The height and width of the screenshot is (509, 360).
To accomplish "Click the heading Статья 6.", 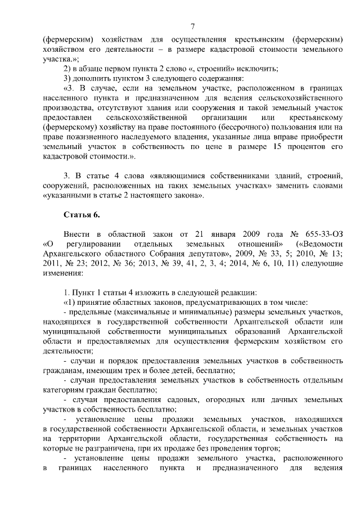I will pyautogui.click(x=84, y=215).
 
